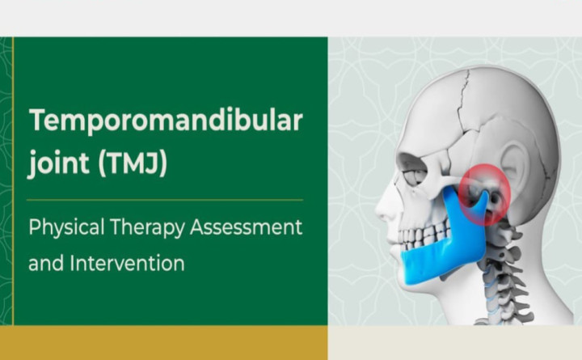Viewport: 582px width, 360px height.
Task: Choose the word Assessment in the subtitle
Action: point(246,227)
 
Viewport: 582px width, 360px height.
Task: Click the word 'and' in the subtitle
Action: point(44,263)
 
